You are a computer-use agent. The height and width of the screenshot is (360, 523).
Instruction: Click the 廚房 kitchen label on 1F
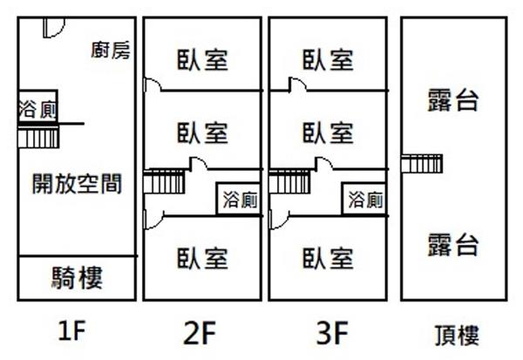point(112,50)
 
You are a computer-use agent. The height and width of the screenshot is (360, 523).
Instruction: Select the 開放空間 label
point(77,184)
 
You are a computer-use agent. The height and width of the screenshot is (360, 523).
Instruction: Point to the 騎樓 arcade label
point(77,279)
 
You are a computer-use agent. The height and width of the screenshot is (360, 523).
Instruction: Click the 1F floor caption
point(74,331)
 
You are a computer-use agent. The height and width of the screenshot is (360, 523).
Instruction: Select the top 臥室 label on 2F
point(202,60)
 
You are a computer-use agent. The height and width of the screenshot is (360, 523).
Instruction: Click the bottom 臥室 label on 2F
point(202,258)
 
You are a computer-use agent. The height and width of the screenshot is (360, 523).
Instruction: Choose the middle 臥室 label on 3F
point(329,133)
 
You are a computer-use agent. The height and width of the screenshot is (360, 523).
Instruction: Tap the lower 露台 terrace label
point(453,245)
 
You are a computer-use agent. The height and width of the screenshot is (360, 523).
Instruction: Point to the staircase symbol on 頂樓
point(423,162)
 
